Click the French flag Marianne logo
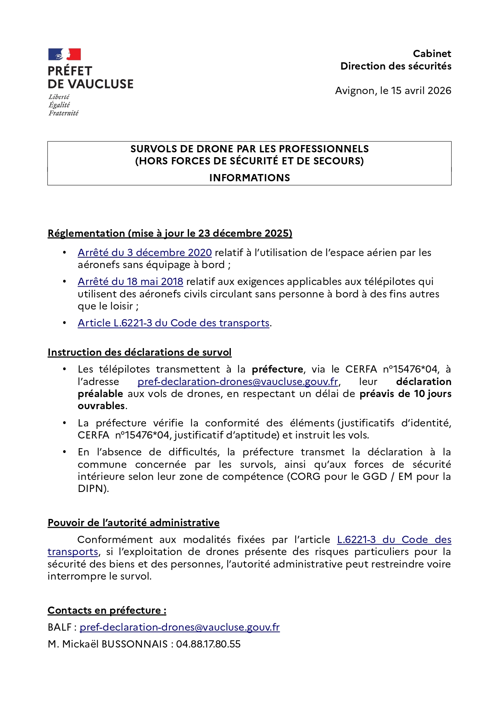click(64, 54)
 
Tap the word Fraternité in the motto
click(64, 113)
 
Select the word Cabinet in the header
click(432, 54)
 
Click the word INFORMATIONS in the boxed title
click(249, 178)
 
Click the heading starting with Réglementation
click(170, 234)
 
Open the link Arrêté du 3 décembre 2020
click(145, 253)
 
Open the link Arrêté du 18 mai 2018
click(130, 282)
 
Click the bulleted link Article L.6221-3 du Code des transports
click(173, 323)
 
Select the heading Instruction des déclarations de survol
click(140, 352)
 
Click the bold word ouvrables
click(101, 406)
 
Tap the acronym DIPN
click(92, 489)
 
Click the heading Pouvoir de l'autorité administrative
click(133, 523)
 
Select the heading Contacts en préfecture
click(107, 611)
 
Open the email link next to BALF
click(179, 627)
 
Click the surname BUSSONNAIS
click(134, 644)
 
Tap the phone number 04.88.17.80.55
click(208, 644)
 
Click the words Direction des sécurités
click(396, 66)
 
